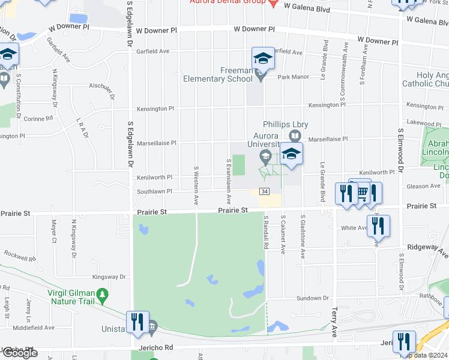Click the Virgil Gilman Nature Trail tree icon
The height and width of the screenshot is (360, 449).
(x=103, y=294)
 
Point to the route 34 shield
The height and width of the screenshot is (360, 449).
(x=264, y=191)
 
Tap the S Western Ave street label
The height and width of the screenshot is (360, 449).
(x=196, y=185)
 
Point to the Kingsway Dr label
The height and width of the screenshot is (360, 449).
(x=109, y=277)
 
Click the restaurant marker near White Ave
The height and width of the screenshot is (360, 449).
(x=379, y=226)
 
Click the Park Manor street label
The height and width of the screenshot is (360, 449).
(x=292, y=77)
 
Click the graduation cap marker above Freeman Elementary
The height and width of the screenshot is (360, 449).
(x=263, y=58)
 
